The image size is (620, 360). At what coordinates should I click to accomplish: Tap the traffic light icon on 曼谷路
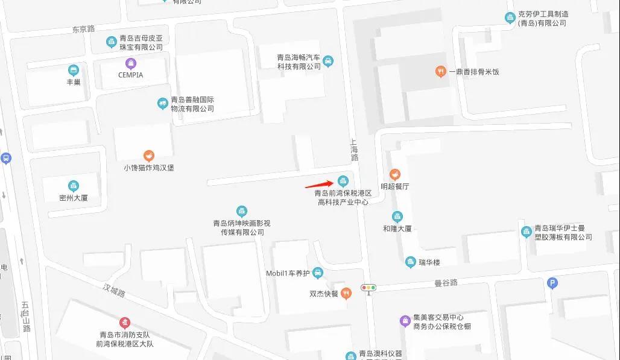368,288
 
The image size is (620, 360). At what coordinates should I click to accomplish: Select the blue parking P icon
552,283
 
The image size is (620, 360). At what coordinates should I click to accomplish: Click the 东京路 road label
84,29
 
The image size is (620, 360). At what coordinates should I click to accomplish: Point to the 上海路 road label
355,150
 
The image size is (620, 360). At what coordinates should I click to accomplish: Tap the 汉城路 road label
113,292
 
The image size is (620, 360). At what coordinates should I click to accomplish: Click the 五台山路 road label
25,317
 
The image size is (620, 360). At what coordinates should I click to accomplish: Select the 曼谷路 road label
446,282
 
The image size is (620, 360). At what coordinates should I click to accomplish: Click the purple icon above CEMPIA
130,63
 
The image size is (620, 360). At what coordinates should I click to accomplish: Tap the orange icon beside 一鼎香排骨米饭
441,72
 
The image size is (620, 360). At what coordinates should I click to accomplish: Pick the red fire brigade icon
125,323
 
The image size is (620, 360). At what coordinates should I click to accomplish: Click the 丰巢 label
74,82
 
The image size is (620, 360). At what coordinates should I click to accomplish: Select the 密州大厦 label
74,197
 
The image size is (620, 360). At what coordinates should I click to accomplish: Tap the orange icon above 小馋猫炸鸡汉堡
148,156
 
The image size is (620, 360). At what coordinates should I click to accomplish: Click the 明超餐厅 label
395,187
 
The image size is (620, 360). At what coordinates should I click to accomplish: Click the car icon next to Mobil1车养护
318,273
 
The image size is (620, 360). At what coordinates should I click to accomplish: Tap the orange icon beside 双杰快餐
346,294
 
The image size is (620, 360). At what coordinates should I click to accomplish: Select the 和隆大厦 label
397,229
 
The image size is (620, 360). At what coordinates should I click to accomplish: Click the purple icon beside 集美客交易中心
405,320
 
